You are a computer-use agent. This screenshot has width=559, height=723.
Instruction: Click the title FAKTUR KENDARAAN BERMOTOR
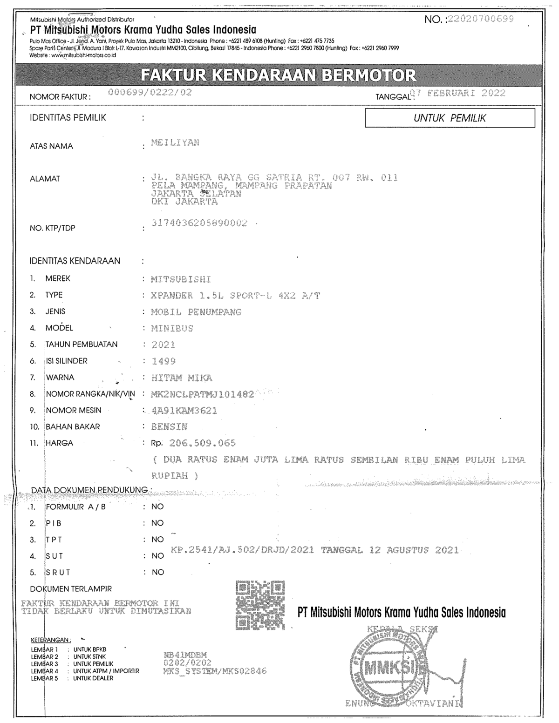[279, 75]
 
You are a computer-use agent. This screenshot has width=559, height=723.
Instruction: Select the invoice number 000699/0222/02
[150, 92]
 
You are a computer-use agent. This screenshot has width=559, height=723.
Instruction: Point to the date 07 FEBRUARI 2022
[458, 93]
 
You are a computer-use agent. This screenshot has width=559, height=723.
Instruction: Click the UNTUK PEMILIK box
[450, 118]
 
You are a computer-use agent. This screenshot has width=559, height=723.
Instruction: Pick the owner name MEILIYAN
[175, 142]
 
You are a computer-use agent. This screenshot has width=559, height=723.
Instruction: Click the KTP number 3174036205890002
[199, 223]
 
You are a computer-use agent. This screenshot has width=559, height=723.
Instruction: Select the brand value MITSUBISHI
[181, 279]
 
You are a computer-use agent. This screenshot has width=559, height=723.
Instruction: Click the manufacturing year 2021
[164, 345]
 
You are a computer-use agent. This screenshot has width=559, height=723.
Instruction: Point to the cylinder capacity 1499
[164, 361]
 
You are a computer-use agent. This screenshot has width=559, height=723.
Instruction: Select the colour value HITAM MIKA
[182, 378]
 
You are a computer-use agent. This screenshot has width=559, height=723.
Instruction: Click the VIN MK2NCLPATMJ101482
[203, 394]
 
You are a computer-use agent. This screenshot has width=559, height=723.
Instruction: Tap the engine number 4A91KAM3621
[184, 411]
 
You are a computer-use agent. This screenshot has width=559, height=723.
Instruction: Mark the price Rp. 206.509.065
[193, 443]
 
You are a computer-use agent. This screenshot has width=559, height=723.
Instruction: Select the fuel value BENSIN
[170, 426]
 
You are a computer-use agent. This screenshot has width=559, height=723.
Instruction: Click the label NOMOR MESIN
[73, 410]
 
